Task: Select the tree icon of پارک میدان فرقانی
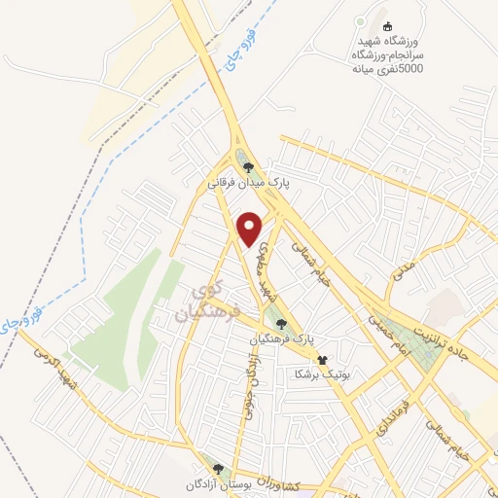(x=249, y=165)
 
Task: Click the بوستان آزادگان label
(x=219, y=483)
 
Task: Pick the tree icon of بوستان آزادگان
(x=218, y=469)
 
